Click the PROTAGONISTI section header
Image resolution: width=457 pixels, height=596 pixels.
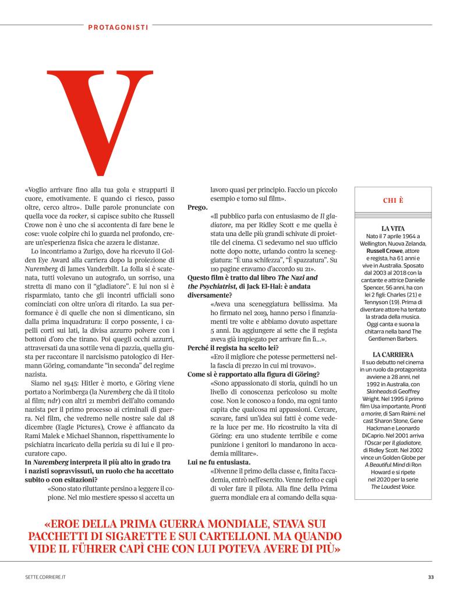[x=118, y=26]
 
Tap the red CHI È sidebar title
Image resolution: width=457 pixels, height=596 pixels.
[x=393, y=200]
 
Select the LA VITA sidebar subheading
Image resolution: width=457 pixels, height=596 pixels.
[x=393, y=228]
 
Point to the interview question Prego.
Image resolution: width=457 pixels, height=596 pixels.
[x=197, y=207]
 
